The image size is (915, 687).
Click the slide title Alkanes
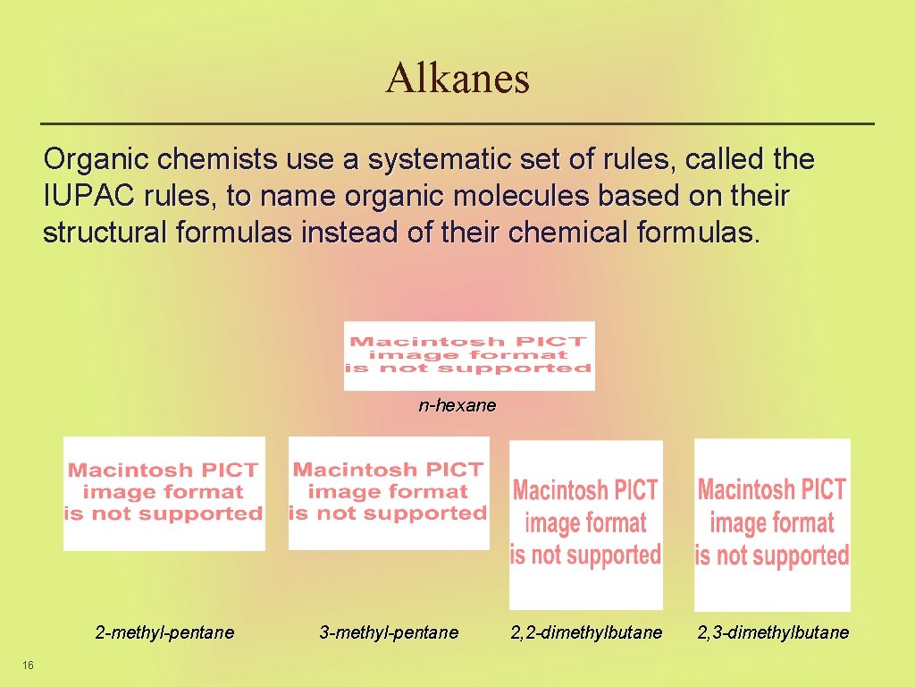point(457,78)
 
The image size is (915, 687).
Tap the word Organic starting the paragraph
point(97,160)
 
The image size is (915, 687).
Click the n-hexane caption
point(457,405)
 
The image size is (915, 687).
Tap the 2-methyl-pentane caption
point(164,632)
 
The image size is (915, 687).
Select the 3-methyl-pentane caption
point(389,632)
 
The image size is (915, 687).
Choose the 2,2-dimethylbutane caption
point(586,632)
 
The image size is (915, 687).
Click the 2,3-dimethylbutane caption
point(773,632)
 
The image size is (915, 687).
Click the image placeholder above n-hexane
point(469,356)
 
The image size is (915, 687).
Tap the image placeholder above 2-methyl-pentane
point(164,493)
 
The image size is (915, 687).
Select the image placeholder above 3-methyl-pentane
point(389,493)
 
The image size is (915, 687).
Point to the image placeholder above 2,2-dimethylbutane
point(586,524)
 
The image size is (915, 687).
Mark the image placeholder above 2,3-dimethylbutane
point(772,524)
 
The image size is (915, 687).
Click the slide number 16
point(29,665)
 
